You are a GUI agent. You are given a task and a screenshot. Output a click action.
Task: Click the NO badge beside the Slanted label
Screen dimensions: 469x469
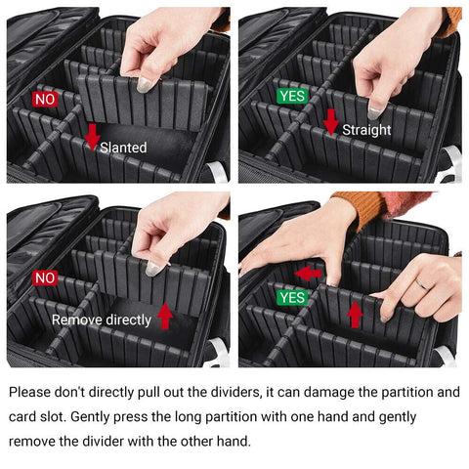[46, 100]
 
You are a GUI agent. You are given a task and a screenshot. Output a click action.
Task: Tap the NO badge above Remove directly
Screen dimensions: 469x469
[46, 277]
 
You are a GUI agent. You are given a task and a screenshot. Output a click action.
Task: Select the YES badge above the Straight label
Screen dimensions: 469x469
[291, 96]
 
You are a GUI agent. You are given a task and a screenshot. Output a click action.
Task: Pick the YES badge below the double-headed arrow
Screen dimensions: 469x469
[291, 297]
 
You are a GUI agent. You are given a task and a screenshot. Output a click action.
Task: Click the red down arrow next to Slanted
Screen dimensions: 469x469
[92, 137]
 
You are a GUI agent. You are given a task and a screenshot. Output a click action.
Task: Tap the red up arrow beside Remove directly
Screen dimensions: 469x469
[165, 316]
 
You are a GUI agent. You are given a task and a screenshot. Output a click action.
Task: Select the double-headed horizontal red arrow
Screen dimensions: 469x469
[308, 274]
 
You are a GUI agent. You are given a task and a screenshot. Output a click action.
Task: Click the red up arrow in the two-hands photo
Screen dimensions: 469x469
[356, 314]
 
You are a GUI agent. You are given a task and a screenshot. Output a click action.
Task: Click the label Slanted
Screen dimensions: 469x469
[123, 148]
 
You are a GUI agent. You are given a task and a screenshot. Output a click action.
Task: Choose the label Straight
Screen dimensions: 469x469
[366, 129]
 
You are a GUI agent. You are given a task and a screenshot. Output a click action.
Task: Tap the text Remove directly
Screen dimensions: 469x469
[102, 320]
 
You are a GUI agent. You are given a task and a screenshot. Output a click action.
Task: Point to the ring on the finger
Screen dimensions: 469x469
[421, 283]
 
